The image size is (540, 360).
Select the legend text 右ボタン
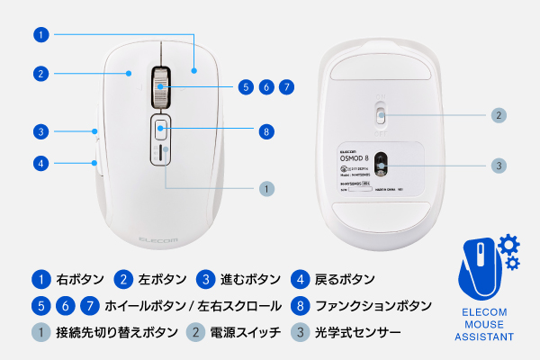pos(80,279)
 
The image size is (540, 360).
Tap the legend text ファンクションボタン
pos(375,306)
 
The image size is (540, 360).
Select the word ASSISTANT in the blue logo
pos(484,337)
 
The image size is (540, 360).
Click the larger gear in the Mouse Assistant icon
pos(507,244)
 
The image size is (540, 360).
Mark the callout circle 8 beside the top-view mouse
pos(265,131)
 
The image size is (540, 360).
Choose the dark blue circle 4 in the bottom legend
pos(301,279)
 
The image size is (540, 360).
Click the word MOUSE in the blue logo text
pos(484,325)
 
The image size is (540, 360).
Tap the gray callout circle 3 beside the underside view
pos(499,166)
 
